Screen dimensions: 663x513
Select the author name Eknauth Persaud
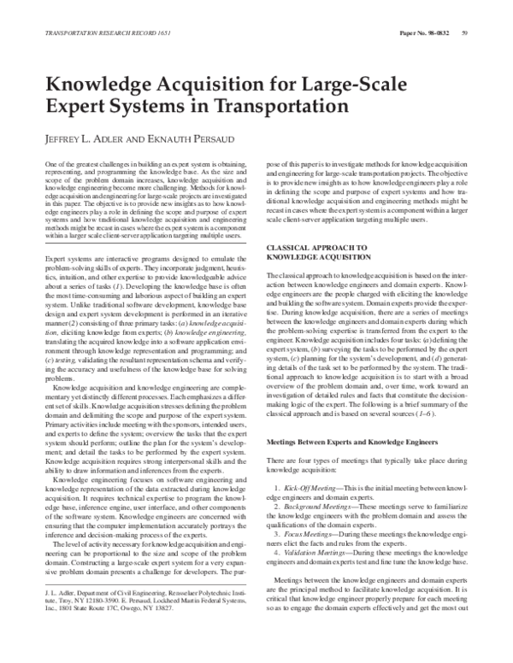192,138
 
